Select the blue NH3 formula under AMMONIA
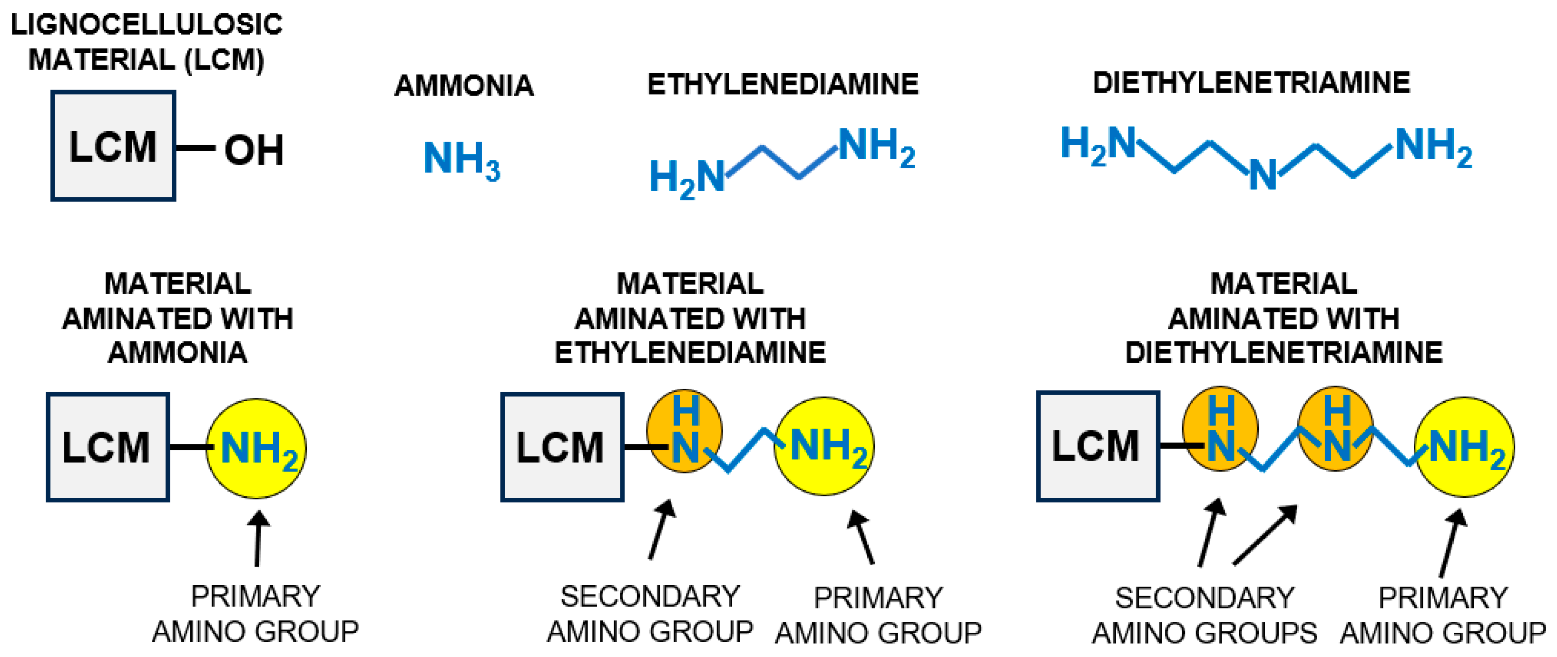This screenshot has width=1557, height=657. [x=461, y=159]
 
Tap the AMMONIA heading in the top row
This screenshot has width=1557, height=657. [x=464, y=85]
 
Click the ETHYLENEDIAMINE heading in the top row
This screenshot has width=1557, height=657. [x=783, y=84]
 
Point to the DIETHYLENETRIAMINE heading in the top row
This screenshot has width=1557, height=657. [x=1251, y=83]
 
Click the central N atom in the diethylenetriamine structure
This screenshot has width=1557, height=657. [x=1263, y=175]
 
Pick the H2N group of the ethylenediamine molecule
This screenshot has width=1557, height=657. [x=686, y=179]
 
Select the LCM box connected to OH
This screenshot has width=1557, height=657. [x=113, y=146]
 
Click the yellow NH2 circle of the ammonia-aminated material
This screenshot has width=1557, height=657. [x=256, y=448]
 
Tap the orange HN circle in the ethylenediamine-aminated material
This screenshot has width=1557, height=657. [x=684, y=431]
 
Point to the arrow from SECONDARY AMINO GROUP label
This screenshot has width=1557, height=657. [x=661, y=530]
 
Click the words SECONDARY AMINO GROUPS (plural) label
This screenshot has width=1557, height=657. [x=1204, y=615]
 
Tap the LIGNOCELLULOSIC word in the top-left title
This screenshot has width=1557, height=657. [x=147, y=25]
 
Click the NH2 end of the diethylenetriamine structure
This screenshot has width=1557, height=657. [x=1433, y=147]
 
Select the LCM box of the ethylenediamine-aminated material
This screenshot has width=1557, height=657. [x=561, y=447]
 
